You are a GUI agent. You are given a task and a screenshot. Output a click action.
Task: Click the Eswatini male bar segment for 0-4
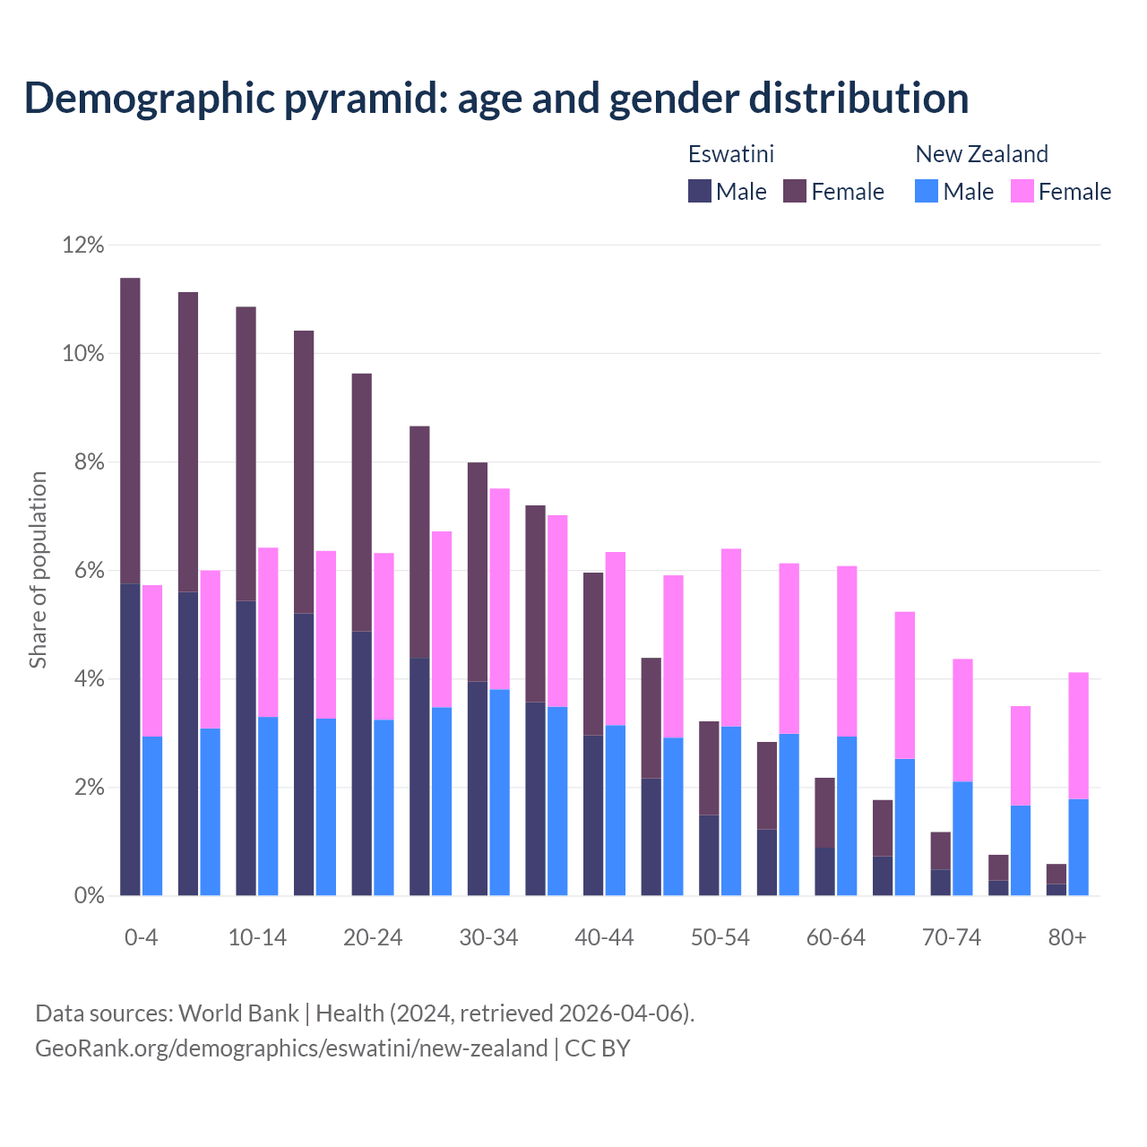[x=130, y=739]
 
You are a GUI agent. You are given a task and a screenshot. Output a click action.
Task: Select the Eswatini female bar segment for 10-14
[x=246, y=453]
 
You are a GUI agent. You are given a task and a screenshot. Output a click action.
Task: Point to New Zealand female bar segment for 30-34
[x=499, y=589]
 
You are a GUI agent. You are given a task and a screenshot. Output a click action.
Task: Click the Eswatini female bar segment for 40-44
[x=593, y=653]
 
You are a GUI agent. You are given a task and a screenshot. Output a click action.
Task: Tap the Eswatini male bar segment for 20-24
[x=361, y=763]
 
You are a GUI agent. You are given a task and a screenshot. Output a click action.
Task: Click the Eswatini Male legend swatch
[x=699, y=191]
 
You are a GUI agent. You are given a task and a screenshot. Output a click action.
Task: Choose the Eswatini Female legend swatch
[x=795, y=191]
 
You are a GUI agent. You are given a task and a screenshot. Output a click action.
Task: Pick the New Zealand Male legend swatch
[x=927, y=191]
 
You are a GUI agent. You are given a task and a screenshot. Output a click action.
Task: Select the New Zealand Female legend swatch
[x=1022, y=191]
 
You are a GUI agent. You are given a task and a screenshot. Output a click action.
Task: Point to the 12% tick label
[x=83, y=245]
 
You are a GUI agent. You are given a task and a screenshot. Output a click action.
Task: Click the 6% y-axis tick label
[x=88, y=571]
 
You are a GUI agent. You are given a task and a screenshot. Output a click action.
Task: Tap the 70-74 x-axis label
[x=952, y=937]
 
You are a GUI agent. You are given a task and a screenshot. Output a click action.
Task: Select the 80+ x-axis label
[x=1067, y=937]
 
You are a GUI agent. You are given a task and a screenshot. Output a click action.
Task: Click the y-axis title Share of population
[x=38, y=570]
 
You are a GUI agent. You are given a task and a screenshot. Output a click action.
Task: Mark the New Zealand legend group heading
[x=981, y=154]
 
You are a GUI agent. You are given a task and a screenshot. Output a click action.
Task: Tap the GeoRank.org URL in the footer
[x=291, y=1048]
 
